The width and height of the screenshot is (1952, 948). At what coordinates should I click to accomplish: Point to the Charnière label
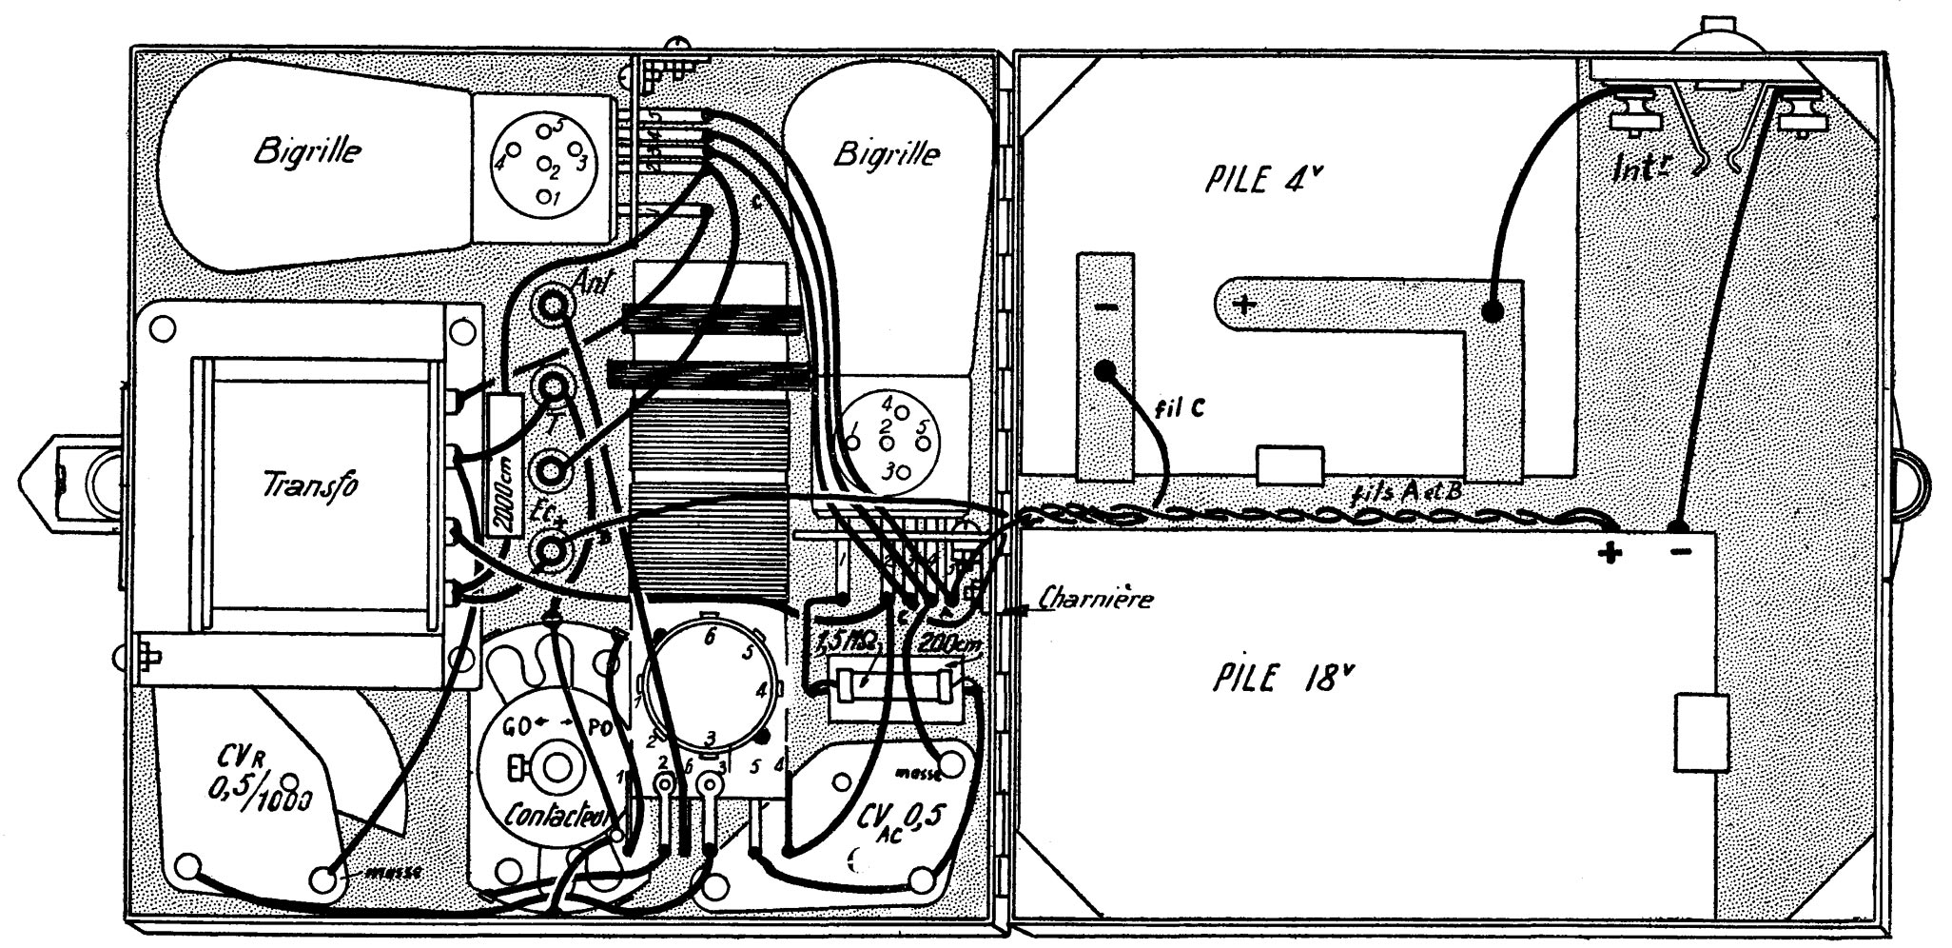coord(1097,600)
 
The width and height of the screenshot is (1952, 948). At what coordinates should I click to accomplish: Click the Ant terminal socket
coord(553,306)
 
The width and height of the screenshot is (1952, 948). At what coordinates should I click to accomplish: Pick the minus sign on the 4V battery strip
coord(1104,308)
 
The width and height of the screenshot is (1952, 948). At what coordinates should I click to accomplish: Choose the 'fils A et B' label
coord(1405,495)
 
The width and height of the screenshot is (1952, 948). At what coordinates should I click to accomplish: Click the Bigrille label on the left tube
coord(306,151)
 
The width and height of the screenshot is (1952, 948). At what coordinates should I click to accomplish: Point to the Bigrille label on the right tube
coord(887,153)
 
